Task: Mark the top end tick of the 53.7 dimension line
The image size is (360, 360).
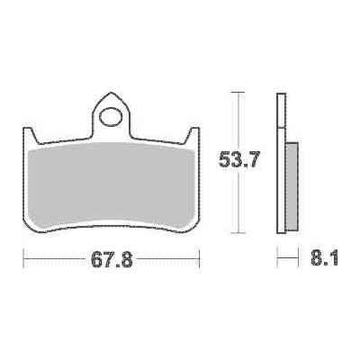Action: (x=238, y=92)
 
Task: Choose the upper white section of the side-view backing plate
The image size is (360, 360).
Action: (x=283, y=117)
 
